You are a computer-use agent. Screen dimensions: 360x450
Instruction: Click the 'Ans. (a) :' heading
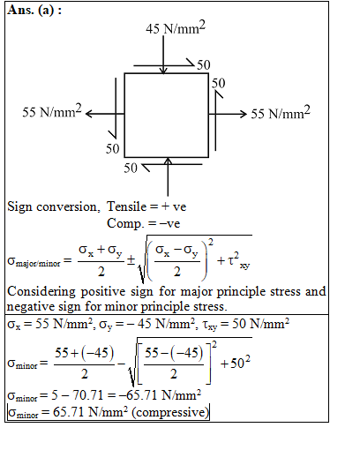tap(34, 10)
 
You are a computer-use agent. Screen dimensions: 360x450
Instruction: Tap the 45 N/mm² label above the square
tap(176, 27)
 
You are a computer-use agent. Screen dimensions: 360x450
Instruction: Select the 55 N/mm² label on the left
tap(52, 111)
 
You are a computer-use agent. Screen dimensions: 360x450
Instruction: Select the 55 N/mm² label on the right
tap(281, 113)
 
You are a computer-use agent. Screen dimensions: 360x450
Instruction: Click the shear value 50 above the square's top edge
tap(204, 65)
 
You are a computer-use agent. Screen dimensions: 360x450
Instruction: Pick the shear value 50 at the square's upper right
tap(219, 83)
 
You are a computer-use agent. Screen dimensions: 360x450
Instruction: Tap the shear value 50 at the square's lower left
tap(113, 148)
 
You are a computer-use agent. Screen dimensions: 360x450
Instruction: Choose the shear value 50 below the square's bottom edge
tap(131, 168)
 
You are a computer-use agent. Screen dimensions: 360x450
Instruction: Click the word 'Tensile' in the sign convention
tap(126, 206)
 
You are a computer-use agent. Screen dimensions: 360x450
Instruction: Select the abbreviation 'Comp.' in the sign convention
tap(124, 223)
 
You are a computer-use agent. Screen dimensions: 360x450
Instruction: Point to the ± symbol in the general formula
tap(131, 260)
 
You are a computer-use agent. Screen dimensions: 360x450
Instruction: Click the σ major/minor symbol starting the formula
tap(34, 261)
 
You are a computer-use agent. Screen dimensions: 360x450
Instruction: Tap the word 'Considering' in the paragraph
tap(41, 292)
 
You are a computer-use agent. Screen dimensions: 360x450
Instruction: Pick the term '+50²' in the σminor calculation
tap(236, 363)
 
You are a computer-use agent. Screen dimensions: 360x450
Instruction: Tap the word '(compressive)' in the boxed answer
tap(170, 412)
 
